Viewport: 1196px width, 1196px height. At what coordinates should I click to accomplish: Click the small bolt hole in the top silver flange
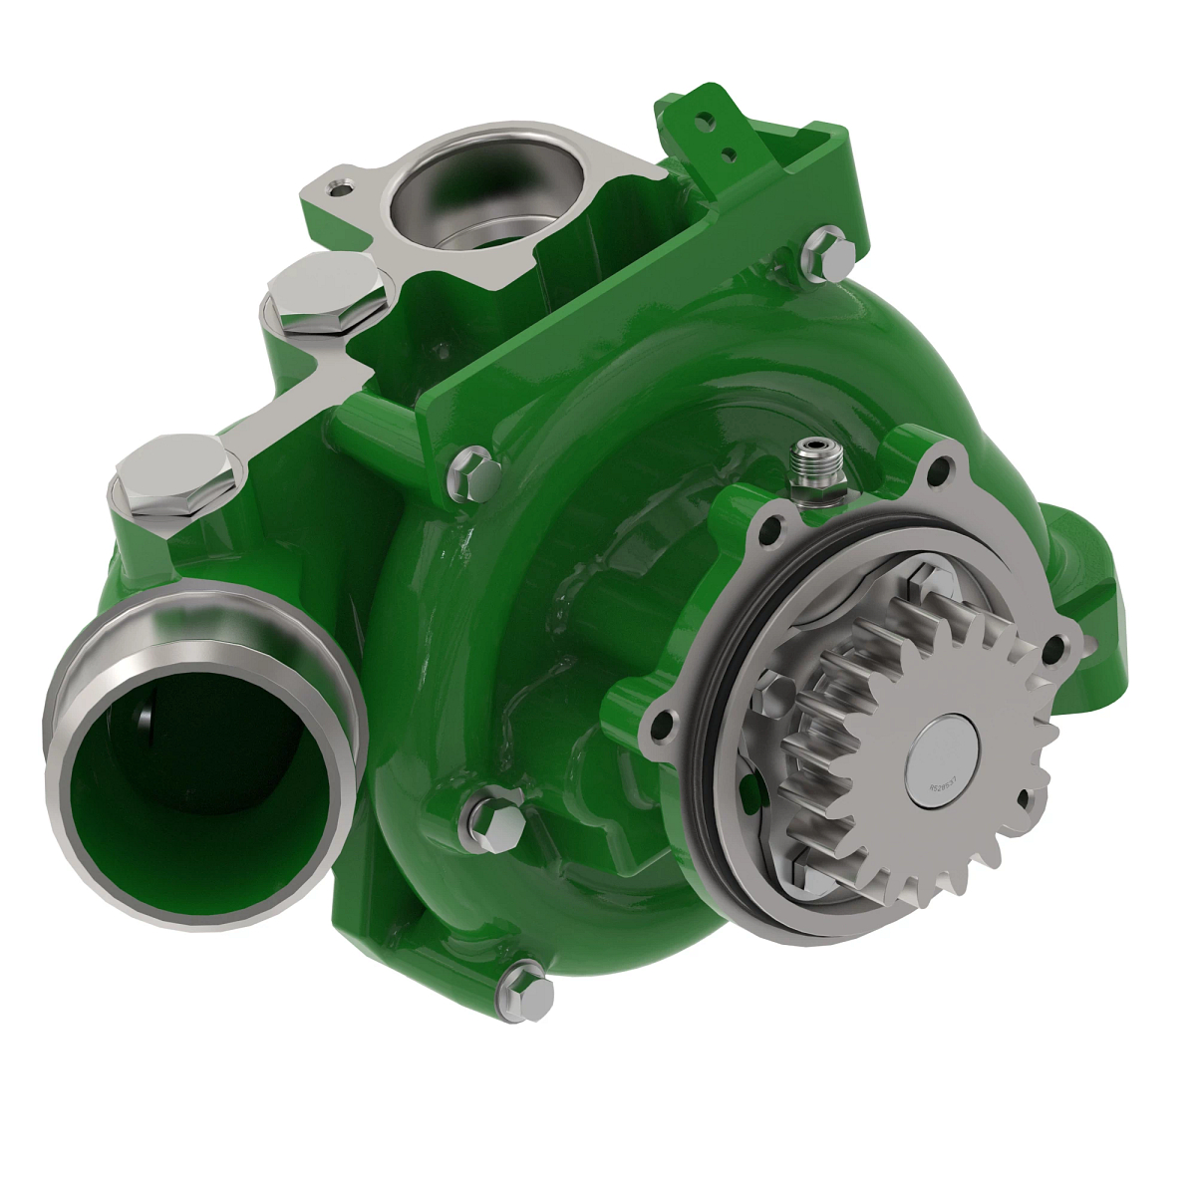[343, 185]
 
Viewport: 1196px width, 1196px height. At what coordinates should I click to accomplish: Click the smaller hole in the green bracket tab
[731, 153]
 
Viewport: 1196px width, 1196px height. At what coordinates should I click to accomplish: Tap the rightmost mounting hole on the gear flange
[1054, 650]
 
